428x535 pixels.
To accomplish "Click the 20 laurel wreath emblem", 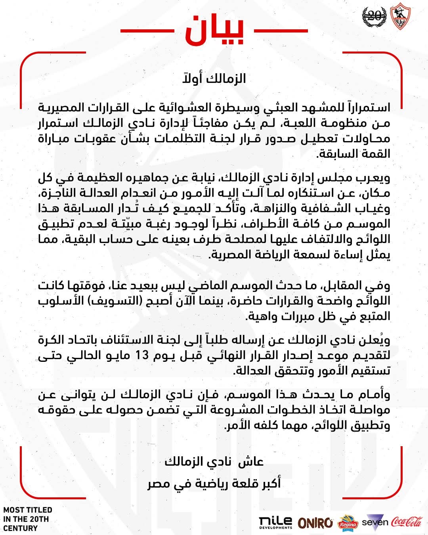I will coord(374,17).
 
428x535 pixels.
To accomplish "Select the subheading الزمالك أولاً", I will coord(214,78).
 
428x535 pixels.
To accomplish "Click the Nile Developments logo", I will coord(275,522).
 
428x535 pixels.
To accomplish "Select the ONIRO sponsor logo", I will coord(315,523).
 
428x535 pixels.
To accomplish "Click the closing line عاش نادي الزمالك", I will coord(214,462).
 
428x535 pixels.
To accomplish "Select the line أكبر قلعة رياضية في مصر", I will coord(214,484).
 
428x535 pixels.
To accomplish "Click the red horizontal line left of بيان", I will coord(147,31).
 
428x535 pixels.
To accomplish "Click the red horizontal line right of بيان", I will coord(281,31).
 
